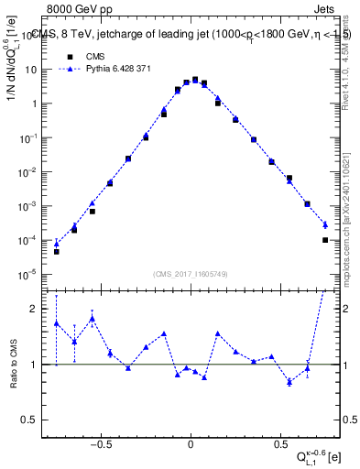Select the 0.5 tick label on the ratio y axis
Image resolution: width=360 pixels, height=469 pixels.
click(x=33, y=420)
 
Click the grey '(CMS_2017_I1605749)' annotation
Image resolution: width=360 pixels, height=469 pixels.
click(x=191, y=274)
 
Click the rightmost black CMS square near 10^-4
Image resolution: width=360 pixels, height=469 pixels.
click(x=325, y=240)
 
